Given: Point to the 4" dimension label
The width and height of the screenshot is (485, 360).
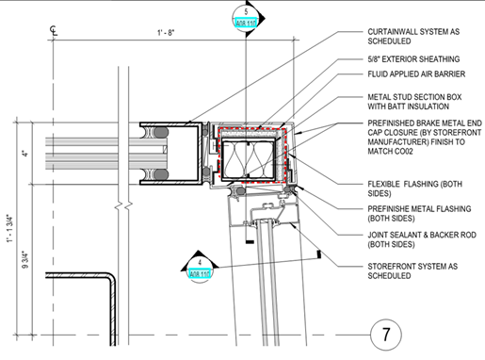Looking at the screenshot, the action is point(26,151).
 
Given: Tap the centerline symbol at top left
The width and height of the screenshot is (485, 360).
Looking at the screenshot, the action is point(54,31).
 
